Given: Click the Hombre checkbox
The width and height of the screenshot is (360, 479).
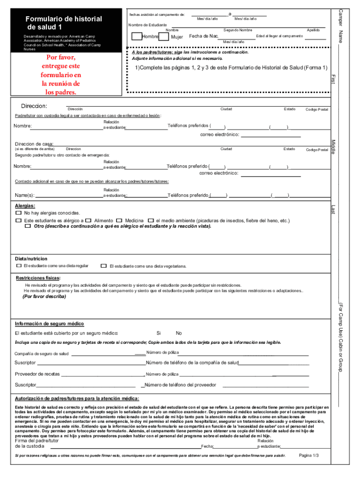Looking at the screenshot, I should pos(137,36).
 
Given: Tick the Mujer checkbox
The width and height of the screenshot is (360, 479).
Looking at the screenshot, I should pos(164,36).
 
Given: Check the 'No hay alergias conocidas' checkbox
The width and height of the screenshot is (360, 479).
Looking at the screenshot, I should pos(18,213).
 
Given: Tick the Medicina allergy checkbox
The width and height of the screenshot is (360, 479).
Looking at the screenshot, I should pos(120,220).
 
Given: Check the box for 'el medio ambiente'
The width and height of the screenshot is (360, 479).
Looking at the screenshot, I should pos(151,220).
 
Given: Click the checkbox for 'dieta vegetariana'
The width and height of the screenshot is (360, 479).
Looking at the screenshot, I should pos(104,266).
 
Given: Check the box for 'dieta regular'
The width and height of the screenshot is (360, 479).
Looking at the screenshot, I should pos(18,266).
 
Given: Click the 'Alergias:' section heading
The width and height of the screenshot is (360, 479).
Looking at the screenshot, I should pos(25,206).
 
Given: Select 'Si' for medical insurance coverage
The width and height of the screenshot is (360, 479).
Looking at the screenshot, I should pos(159,333).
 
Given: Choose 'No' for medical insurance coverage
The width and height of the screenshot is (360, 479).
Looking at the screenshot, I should pos(179,333).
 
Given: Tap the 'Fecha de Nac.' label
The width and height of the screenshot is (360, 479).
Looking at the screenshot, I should pos(204,36).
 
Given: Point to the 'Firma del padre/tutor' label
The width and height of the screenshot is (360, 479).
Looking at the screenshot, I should pos(36,441).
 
